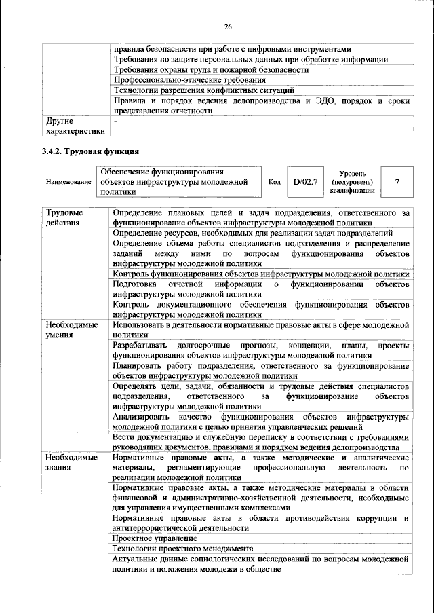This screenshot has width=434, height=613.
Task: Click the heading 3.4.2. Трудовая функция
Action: tap(90, 151)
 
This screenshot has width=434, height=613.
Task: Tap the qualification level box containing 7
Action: tap(397, 182)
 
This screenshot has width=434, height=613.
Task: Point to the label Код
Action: tap(275, 183)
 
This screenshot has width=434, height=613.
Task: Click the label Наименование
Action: tap(68, 183)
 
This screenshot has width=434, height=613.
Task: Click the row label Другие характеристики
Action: tap(75, 126)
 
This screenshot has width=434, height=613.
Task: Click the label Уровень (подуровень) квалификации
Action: tap(351, 182)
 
